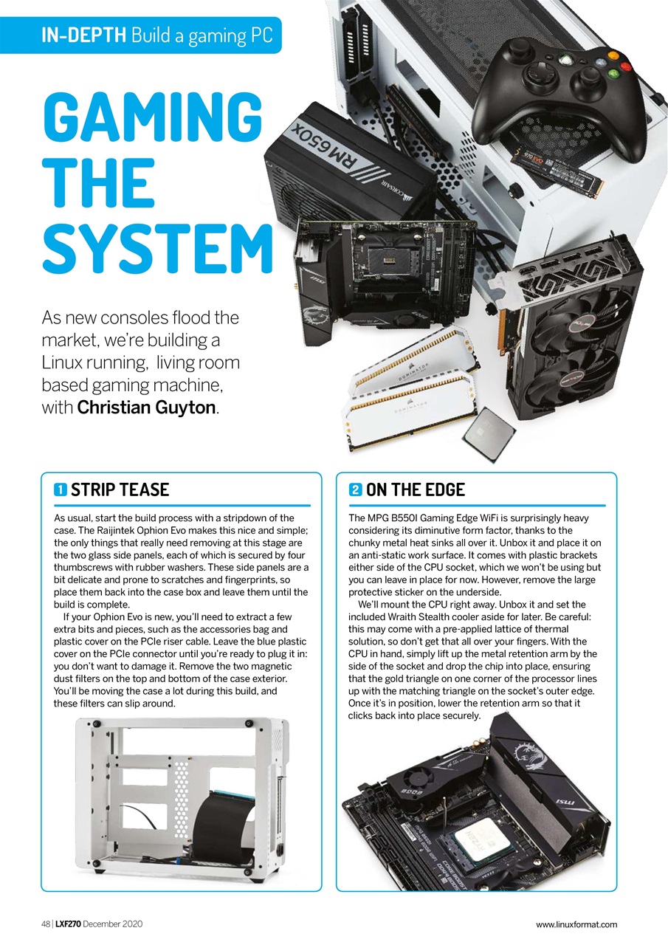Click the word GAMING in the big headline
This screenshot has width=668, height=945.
coord(152,116)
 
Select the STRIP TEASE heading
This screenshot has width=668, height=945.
coord(120,489)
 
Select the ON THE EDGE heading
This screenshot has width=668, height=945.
coord(416,489)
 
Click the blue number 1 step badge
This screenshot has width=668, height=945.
coord(61,489)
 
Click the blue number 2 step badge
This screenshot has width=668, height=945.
coord(355,489)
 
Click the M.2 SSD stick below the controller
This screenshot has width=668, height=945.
coord(561,166)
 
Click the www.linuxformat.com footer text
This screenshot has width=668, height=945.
coord(576,924)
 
